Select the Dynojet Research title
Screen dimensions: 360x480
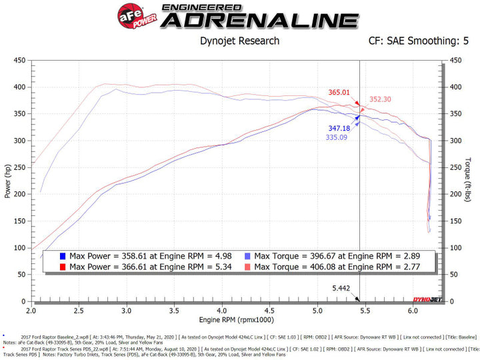[x=239, y=41]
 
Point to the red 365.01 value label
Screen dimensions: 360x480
[x=339, y=92]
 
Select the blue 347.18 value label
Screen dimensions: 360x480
[x=338, y=128]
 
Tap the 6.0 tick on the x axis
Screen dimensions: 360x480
[x=413, y=311]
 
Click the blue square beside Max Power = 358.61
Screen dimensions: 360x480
[x=62, y=256]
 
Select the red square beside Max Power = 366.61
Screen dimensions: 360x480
[x=62, y=267]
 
